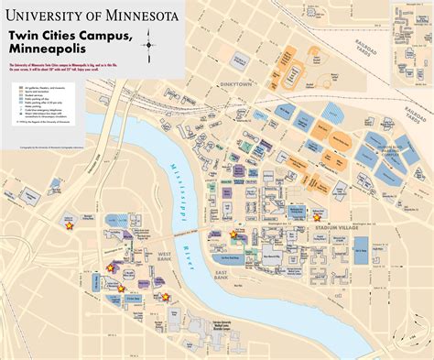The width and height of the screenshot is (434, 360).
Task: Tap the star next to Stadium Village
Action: pos(317,218)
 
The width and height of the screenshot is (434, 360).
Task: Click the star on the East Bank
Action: pos(233,235)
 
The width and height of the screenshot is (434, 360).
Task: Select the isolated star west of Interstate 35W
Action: pos(69,222)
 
